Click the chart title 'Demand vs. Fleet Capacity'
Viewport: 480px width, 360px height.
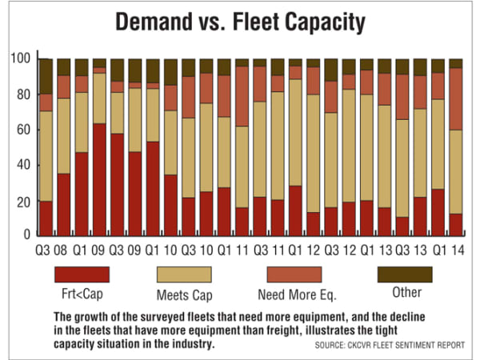tap(240, 22)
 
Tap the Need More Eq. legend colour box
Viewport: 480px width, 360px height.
tap(295, 274)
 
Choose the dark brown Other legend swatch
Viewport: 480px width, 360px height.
tap(404, 274)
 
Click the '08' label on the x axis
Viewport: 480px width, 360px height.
tap(64, 247)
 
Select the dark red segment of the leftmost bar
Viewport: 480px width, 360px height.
tap(46, 218)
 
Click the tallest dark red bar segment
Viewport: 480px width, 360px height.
tap(99, 179)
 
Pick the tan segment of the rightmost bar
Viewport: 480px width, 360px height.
tap(455, 172)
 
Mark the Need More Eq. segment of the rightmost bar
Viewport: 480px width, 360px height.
tap(455, 99)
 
